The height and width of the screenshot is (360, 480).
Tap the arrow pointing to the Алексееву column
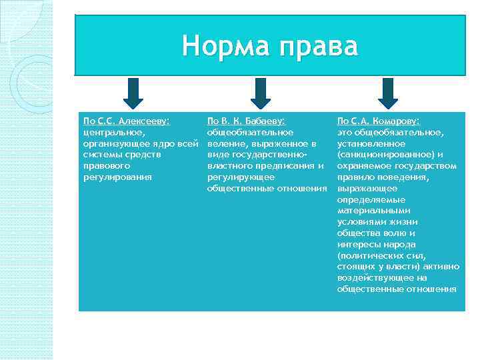pos(133,93)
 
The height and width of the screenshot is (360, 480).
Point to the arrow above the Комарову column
pos(387,93)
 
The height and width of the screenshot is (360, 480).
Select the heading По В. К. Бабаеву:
pos(246,121)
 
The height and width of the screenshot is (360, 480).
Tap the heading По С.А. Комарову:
pos(379,121)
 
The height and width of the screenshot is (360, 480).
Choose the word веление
pos(227,144)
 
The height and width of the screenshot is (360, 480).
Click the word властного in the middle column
pos(230,166)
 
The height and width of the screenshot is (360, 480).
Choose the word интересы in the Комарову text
pos(357,244)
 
